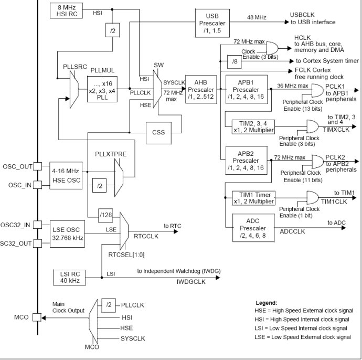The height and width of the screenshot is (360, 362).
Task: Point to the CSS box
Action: pyautogui.click(x=162, y=132)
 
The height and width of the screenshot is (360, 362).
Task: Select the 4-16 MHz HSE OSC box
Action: pyautogui.click(x=66, y=175)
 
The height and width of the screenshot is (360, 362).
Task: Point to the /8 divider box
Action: pyautogui.click(x=233, y=61)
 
